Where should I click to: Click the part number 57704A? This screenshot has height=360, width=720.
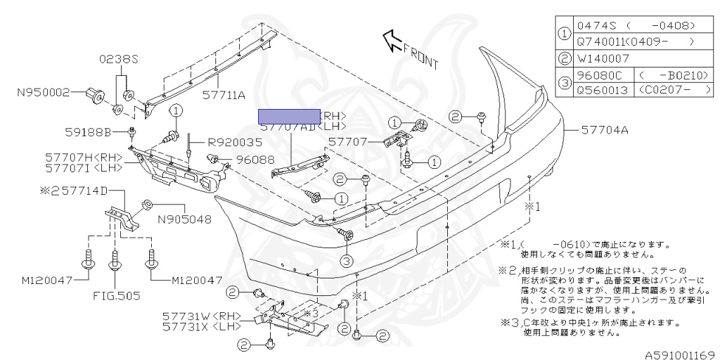tap(605, 130)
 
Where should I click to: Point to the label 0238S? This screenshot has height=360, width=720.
tap(119, 59)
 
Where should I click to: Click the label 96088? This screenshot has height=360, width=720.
tap(255, 160)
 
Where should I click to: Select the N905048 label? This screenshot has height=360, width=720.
tap(184, 219)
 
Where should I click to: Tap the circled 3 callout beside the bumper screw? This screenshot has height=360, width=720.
tap(346, 261)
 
